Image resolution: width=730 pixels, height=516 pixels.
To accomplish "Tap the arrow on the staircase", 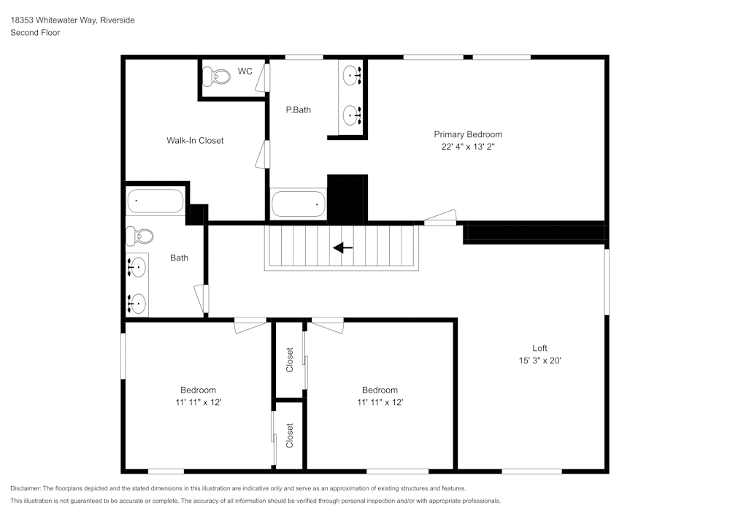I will click(342, 247).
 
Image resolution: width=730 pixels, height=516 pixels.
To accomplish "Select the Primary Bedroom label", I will click(468, 134).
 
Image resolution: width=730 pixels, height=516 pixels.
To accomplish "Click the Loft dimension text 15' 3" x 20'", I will click(539, 360).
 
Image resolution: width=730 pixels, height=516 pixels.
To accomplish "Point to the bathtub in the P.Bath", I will click(298, 204).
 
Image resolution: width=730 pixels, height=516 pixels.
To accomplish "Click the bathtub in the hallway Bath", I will click(155, 201).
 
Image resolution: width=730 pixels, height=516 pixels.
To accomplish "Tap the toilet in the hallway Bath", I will click(140, 236).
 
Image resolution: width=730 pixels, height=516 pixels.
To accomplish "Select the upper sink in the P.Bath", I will click(353, 74).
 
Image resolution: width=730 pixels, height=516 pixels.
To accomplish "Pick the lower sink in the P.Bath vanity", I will click(353, 115).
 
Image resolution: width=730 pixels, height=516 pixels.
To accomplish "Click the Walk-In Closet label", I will click(195, 140).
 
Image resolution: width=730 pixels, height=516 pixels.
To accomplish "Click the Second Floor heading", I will click(35, 33).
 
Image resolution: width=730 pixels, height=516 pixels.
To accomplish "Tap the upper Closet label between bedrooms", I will click(290, 360).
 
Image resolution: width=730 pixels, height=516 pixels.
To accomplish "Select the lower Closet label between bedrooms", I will click(290, 436).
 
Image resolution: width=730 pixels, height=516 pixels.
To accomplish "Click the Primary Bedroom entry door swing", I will click(440, 217).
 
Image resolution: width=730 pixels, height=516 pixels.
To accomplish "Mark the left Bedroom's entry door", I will click(250, 325).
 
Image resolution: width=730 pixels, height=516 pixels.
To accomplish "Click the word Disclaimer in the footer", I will click(26, 488).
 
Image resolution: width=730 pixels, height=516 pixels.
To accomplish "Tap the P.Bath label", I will click(298, 110).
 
